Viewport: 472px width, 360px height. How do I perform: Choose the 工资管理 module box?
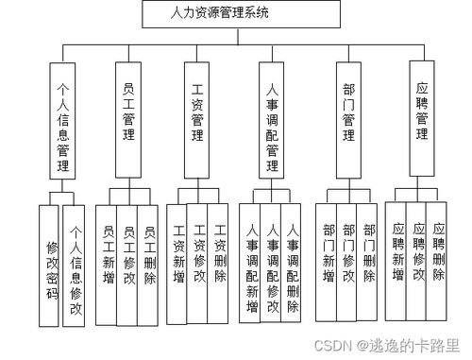pos(197,119)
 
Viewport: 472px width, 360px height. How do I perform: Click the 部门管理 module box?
pos(348,119)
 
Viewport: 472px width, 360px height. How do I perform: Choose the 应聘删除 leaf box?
pos(438,251)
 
